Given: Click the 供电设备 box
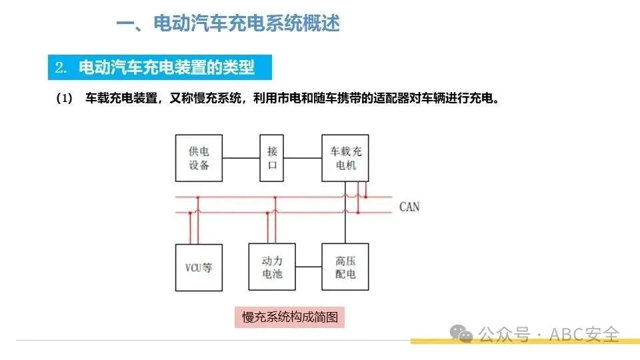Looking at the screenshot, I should [199, 158].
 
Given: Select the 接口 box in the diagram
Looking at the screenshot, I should [272, 158].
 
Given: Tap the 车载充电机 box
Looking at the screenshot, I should [345, 158].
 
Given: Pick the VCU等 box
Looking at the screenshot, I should [199, 267].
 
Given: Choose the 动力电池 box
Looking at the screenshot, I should [272, 267].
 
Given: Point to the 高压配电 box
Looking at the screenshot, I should [345, 267].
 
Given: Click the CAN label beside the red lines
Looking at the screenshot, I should [409, 207].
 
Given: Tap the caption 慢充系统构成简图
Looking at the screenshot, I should [290, 317].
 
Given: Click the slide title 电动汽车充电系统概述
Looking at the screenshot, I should [247, 24].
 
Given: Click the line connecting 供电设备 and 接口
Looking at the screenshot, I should [241, 158].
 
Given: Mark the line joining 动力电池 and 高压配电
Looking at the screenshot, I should [309, 267].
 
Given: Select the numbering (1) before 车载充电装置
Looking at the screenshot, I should [64, 99].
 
